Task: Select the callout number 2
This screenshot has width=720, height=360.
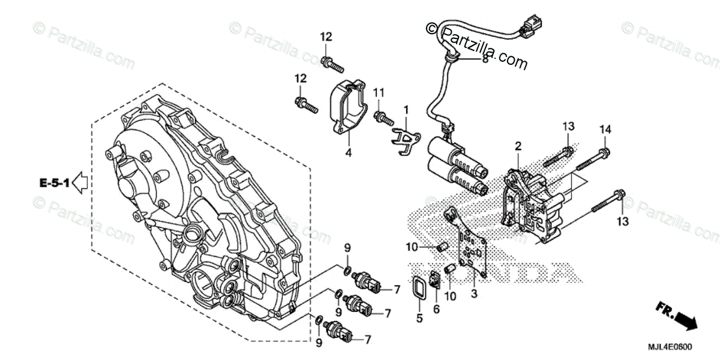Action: click(x=518, y=146)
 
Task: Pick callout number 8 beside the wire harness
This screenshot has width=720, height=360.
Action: click(x=485, y=60)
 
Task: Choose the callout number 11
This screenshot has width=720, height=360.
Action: click(x=378, y=93)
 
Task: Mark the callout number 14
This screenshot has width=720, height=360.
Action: click(x=605, y=129)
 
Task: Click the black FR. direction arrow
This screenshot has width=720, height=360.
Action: click(x=685, y=322)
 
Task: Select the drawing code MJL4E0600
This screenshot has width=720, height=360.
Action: click(x=671, y=347)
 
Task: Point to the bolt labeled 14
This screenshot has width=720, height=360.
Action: click(x=591, y=159)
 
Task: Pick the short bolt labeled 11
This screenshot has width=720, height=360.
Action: click(x=382, y=117)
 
